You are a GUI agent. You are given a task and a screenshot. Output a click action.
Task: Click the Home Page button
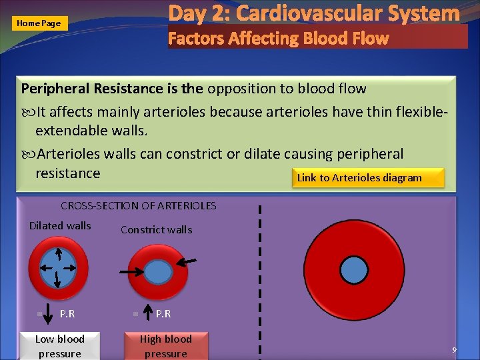click(39, 23)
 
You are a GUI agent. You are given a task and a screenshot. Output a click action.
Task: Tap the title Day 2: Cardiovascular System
click(314, 13)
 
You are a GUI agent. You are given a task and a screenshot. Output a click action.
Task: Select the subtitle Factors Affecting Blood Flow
click(278, 38)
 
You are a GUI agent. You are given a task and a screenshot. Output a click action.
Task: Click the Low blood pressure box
click(60, 346)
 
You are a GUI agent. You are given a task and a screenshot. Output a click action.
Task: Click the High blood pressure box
click(165, 346)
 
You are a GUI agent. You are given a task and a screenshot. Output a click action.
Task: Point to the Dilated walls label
click(60, 226)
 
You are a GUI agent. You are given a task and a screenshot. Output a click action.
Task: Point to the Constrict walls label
click(156, 230)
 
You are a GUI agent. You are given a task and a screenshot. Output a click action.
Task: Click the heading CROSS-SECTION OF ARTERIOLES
click(139, 206)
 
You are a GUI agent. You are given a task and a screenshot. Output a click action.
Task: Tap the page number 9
click(454, 350)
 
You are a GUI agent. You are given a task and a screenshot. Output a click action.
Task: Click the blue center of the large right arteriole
click(354, 269)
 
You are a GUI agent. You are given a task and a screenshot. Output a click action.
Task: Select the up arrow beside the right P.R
click(147, 313)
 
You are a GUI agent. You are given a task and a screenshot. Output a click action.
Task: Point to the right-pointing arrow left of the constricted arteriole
click(129, 273)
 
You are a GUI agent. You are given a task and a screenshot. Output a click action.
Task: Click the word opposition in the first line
click(239, 89)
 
